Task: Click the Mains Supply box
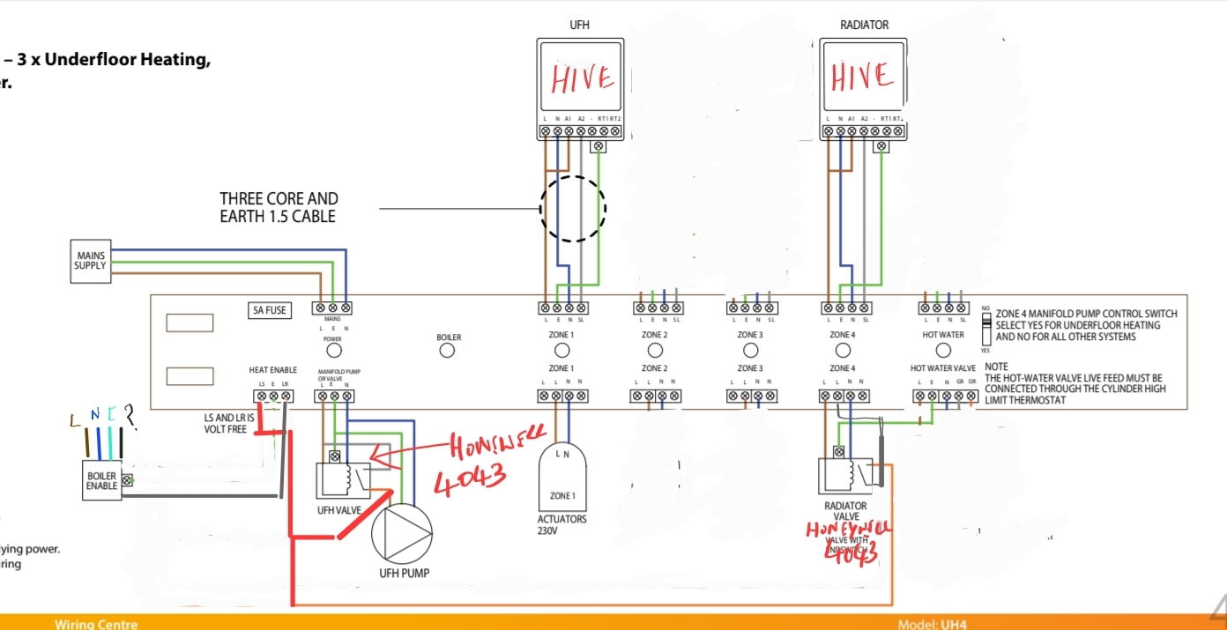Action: pyautogui.click(x=91, y=261)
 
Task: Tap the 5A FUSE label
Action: pyautogui.click(x=269, y=310)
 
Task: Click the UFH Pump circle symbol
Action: pyautogui.click(x=403, y=535)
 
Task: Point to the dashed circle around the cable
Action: pyautogui.click(x=573, y=209)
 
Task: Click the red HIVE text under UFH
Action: pyautogui.click(x=582, y=78)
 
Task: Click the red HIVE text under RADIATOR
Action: pyautogui.click(x=862, y=78)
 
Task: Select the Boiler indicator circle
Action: pyautogui.click(x=448, y=351)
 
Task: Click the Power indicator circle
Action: pyautogui.click(x=333, y=351)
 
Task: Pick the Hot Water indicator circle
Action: pyautogui.click(x=942, y=351)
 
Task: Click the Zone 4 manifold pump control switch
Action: pyautogui.click(x=987, y=326)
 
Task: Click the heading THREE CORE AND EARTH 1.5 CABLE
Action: pyautogui.click(x=279, y=207)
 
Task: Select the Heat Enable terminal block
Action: pyautogui.click(x=273, y=397)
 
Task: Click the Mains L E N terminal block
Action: pyautogui.click(x=333, y=308)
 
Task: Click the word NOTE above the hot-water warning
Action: pyautogui.click(x=997, y=367)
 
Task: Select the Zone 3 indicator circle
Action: pyautogui.click(x=750, y=351)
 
